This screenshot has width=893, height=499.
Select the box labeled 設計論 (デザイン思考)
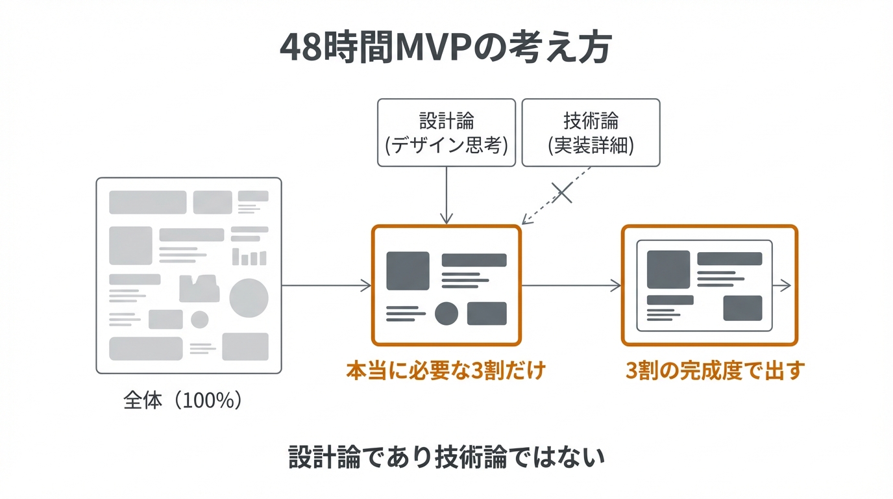coord(446,133)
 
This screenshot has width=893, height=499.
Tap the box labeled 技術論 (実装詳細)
coord(591,133)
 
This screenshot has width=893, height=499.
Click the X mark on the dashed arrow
coord(562,192)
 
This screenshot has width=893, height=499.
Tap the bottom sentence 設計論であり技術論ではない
coord(446,457)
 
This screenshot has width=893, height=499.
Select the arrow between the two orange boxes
coord(571,285)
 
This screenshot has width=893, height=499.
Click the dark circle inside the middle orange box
coord(446,314)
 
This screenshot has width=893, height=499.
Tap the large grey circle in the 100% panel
coord(249,298)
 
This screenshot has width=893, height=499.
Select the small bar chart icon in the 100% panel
coord(249,257)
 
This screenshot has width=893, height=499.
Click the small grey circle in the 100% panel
coord(199,320)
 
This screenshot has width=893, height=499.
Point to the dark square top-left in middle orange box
coord(408,270)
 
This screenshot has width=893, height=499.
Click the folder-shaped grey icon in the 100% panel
coord(199,289)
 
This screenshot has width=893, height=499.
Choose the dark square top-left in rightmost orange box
coord(668,269)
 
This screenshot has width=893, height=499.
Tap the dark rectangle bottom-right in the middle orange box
coord(487,314)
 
